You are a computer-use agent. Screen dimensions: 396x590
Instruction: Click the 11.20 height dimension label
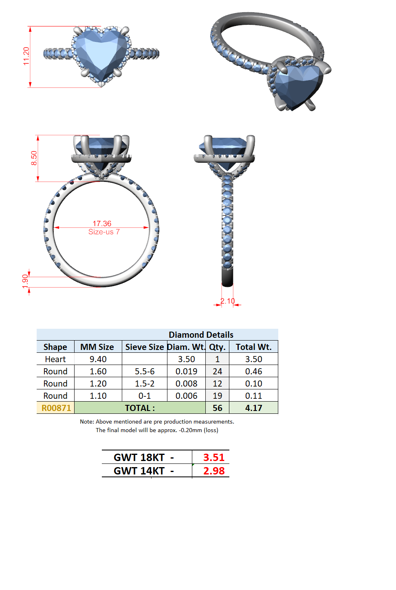26,56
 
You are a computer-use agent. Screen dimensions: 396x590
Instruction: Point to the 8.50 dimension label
34,158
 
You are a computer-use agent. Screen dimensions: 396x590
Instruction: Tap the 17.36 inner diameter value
102,223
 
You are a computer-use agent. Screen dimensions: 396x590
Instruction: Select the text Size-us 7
104,232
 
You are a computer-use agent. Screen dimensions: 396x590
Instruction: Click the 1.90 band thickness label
25,281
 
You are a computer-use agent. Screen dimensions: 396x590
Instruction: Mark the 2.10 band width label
227,301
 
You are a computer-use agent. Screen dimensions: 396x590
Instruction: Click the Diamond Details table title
201,334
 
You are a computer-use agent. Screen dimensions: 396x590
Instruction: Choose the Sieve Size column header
145,347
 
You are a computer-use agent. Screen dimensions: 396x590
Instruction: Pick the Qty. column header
217,347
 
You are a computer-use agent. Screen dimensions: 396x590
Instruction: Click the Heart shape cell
55,359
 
